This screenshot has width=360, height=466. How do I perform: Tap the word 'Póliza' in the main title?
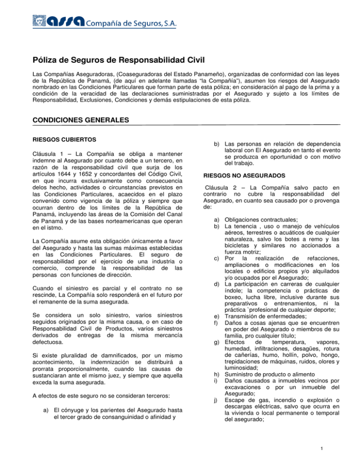pyautogui.click(x=45, y=60)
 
